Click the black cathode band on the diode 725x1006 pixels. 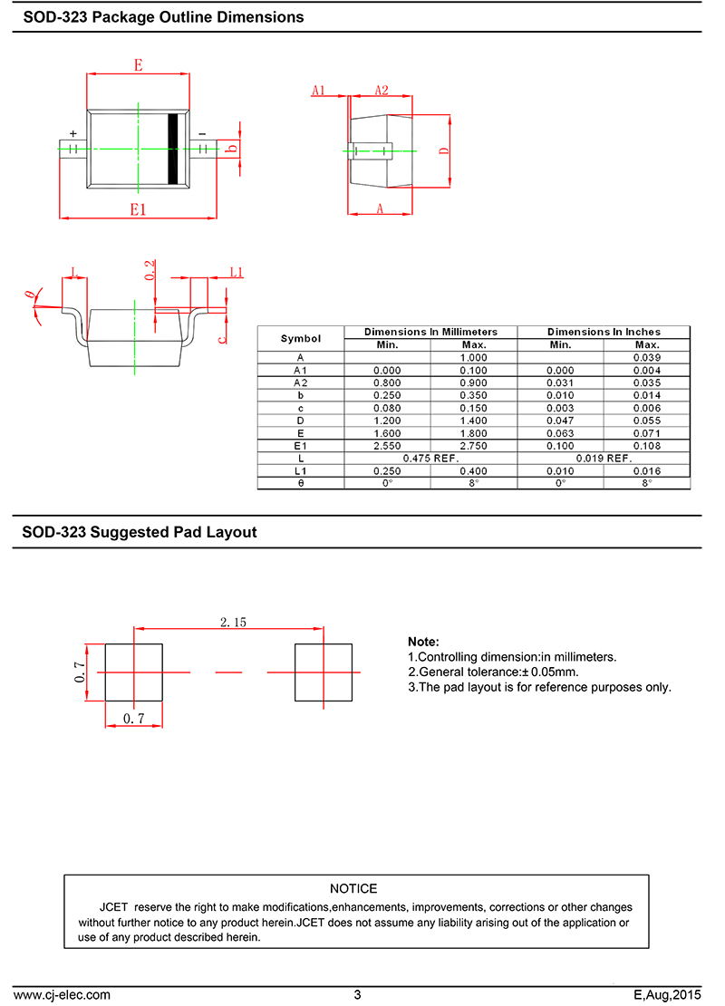(x=172, y=149)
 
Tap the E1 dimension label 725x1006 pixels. (x=138, y=208)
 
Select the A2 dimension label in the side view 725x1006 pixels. (x=382, y=90)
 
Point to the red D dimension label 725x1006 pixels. (x=444, y=151)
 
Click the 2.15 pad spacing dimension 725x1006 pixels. (x=233, y=622)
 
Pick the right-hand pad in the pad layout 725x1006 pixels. (x=324, y=672)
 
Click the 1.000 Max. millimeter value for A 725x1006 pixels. (x=473, y=358)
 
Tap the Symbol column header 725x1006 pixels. (x=301, y=338)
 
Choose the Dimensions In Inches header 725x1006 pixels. (x=604, y=332)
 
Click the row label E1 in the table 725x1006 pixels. (x=301, y=446)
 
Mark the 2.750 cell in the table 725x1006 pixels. (x=473, y=446)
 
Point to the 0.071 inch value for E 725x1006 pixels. (x=646, y=433)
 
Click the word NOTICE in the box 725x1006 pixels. (x=353, y=888)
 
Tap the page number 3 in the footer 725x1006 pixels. (x=357, y=994)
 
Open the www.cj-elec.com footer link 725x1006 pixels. (x=62, y=994)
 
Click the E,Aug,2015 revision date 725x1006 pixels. (x=667, y=994)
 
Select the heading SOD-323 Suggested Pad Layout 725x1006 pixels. (x=140, y=533)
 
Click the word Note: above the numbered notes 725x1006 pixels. (x=423, y=642)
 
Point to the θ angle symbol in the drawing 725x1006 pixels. (x=29, y=295)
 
